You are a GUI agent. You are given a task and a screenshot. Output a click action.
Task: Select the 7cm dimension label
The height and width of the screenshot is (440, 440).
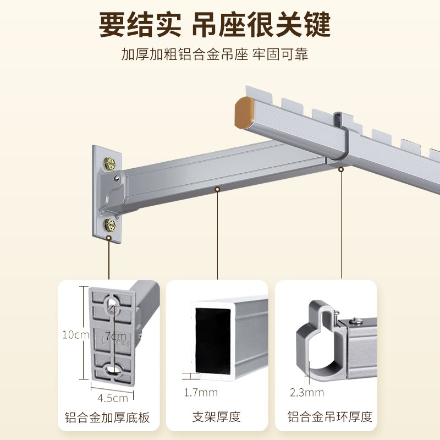[116, 335]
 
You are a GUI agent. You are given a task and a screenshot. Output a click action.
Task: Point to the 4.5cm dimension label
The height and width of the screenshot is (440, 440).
[113, 398]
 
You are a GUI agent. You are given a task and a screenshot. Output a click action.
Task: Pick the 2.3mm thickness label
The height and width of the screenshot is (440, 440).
[307, 392]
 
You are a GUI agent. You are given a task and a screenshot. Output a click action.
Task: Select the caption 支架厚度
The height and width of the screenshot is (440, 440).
[217, 417]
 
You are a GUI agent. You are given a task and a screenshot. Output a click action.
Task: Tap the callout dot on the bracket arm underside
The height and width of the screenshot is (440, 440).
[218, 189]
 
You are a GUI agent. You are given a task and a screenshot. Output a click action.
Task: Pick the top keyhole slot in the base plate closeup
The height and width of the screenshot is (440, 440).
[113, 303]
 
